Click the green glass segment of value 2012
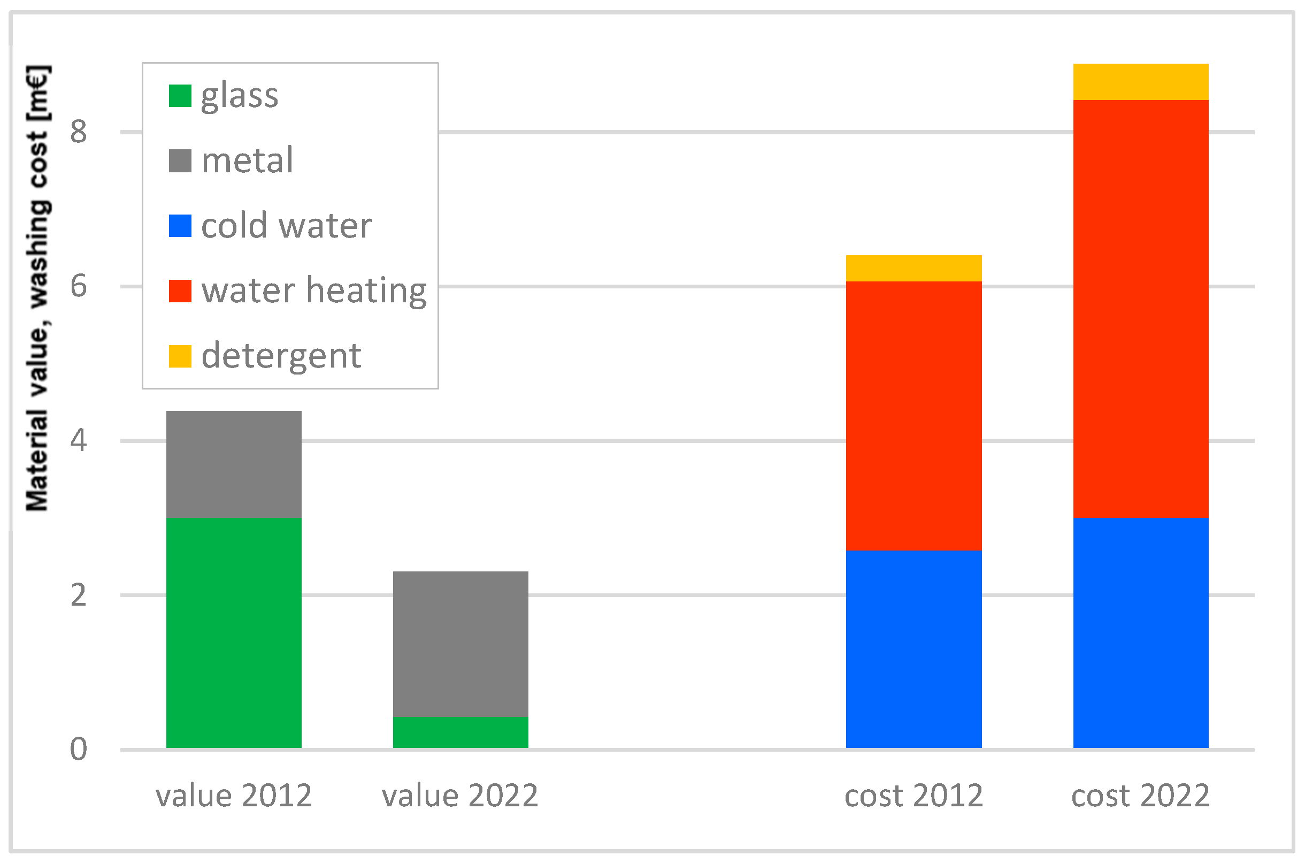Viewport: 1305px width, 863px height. tap(234, 633)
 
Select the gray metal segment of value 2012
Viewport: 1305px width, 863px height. tap(234, 464)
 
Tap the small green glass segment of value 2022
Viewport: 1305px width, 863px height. tap(460, 732)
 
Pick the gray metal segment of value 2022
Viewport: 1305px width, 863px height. tap(460, 644)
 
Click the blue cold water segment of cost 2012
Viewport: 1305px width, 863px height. tap(913, 650)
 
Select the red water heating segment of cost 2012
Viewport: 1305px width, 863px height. tap(913, 416)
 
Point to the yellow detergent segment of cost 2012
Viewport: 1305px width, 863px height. tap(913, 268)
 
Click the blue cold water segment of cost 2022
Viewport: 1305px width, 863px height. tap(1140, 633)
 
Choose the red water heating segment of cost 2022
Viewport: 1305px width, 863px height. tap(1140, 308)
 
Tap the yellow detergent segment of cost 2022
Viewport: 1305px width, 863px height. tap(1140, 81)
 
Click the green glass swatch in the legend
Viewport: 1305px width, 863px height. tap(180, 96)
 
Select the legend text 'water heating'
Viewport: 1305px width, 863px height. tap(313, 291)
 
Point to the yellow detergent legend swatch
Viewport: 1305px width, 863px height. tap(180, 356)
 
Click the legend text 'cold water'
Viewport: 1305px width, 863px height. tap(286, 226)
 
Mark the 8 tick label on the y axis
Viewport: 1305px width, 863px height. tap(78, 132)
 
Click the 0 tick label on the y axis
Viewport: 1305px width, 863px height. tap(78, 749)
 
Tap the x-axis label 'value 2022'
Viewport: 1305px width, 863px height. tap(460, 795)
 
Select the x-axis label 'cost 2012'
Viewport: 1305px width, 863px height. tap(913, 795)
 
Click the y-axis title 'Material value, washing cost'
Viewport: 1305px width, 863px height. tap(37, 289)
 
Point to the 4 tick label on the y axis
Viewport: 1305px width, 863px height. tap(78, 440)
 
